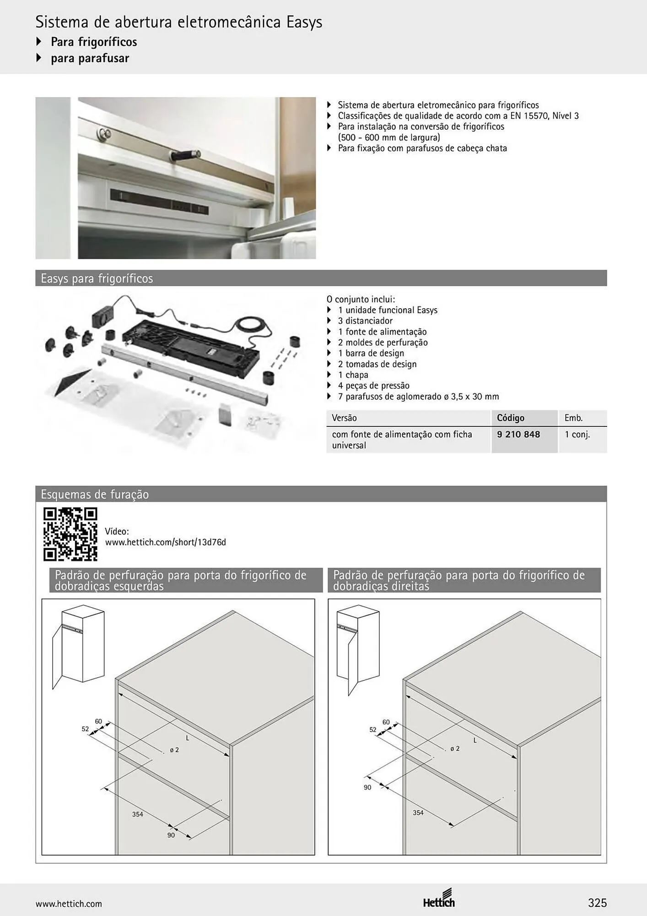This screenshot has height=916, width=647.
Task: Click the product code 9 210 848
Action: coord(518,434)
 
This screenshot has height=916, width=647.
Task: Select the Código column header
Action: coord(511,418)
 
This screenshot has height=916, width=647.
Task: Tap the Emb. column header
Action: coord(573,418)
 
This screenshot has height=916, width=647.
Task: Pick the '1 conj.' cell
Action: coord(577,434)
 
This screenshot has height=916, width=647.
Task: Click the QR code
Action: coord(70,534)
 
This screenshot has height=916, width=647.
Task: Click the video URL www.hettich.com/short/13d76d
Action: coord(166,542)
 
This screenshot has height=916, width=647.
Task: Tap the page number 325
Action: coord(597,903)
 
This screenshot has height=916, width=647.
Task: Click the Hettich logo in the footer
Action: coord(439,898)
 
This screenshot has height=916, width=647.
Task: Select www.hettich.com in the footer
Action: coord(69,904)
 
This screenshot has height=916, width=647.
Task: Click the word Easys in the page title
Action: coord(304,22)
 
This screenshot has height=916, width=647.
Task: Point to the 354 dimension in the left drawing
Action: coord(138,814)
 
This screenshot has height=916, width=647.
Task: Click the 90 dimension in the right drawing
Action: coord(367,787)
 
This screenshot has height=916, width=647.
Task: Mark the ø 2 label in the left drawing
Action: coord(174,750)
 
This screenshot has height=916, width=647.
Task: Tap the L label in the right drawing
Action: coord(475,740)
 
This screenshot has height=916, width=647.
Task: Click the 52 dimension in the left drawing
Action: coord(85,729)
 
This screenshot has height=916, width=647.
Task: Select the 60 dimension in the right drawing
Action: coord(386,722)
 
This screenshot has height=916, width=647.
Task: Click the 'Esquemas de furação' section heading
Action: coord(95,495)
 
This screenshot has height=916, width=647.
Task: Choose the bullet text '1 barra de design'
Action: coord(371,353)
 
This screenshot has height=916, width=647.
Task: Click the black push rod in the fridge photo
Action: coord(185,155)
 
